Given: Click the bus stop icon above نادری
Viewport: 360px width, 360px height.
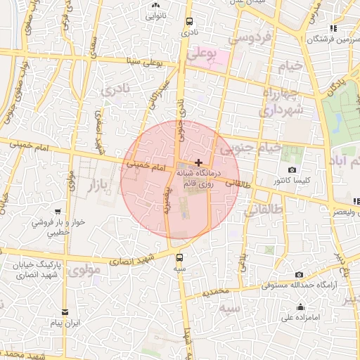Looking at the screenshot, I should [x=188, y=21].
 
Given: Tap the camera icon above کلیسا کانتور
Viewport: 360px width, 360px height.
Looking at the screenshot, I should [x=292, y=170].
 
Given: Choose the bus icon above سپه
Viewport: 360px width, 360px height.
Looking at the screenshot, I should [x=180, y=257].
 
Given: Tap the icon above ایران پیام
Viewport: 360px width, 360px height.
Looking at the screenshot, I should [x=65, y=311].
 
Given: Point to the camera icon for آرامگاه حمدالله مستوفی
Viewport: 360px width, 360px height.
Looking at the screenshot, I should [x=300, y=274].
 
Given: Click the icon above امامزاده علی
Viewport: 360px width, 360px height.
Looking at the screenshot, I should [x=301, y=307].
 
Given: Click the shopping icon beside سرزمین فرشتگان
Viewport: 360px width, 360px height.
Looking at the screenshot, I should [x=333, y=28].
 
